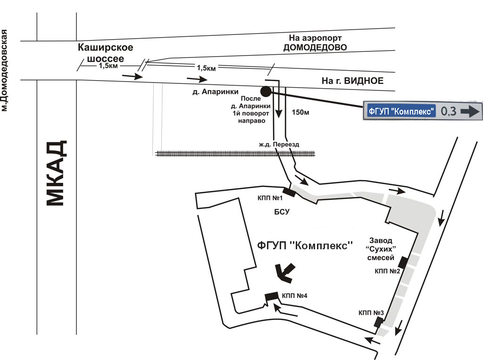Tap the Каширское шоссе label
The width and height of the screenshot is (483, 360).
pyautogui.click(x=106, y=53)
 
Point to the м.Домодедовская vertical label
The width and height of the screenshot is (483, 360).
pyautogui.click(x=5, y=70)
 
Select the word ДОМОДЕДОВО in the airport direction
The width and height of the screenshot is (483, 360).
pyautogui.click(x=315, y=48)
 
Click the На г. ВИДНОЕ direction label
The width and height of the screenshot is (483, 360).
pyautogui.click(x=352, y=81)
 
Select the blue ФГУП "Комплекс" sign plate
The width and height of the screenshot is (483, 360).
pyautogui.click(x=400, y=112)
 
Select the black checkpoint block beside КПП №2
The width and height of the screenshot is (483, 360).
pyautogui.click(x=403, y=262)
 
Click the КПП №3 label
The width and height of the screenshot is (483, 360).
pyautogui.click(x=371, y=312)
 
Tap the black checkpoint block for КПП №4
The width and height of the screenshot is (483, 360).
pyautogui.click(x=272, y=296)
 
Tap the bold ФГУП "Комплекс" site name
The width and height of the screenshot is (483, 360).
pyautogui.click(x=305, y=245)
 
